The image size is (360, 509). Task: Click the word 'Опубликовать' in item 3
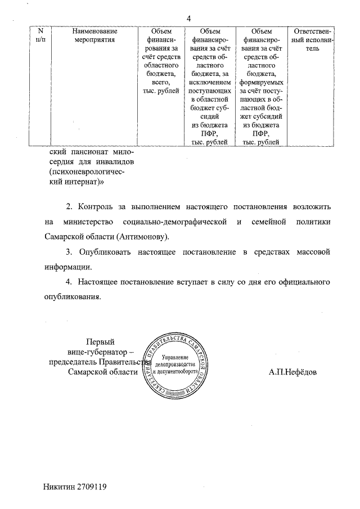point(105,251)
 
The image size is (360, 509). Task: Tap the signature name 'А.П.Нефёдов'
point(292,372)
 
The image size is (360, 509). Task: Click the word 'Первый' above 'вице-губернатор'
point(100,341)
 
